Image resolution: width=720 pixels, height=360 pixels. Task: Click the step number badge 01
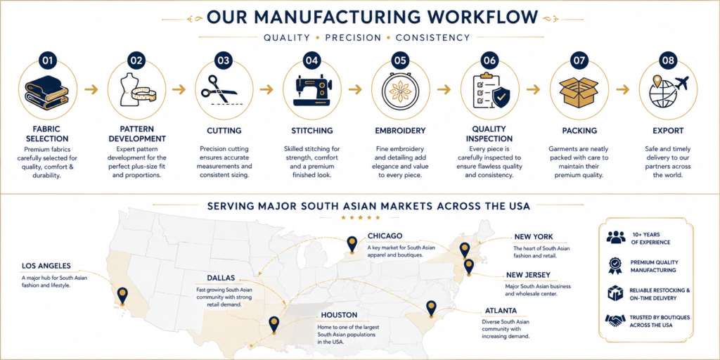(47, 60)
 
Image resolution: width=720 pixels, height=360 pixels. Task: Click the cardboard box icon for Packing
(579, 92)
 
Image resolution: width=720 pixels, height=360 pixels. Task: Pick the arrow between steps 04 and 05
(355, 89)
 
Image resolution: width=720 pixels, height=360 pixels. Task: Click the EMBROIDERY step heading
(400, 131)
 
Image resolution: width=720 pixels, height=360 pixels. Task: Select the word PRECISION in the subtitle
(353, 38)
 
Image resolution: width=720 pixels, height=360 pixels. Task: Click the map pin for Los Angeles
(122, 296)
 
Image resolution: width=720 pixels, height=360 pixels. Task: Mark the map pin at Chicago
(352, 244)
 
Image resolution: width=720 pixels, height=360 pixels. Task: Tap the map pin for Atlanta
(431, 309)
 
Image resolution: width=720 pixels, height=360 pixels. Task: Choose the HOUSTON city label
(339, 316)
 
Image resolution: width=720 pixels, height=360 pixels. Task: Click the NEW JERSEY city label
(528, 275)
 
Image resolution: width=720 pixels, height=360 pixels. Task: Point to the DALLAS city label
(221, 278)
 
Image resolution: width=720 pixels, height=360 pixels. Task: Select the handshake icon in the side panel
(615, 320)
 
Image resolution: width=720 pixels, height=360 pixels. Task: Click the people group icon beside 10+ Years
(616, 237)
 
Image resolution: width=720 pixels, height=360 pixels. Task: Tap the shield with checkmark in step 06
(501, 97)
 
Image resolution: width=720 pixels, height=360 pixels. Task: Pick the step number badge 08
(668, 60)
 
